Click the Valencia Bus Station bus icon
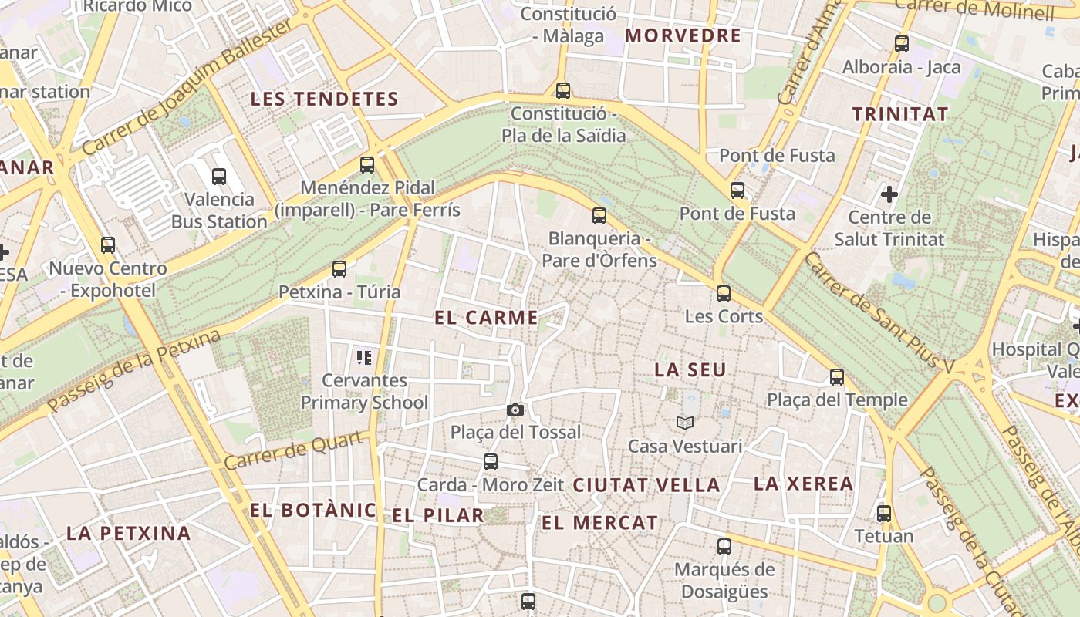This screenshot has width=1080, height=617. [219, 177]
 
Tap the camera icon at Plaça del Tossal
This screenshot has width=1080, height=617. [515, 410]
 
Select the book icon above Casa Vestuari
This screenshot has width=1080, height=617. [685, 423]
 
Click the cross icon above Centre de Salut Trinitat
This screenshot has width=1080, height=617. [889, 194]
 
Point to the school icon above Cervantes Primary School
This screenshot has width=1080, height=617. [364, 357]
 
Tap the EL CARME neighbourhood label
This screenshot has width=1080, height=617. [486, 318]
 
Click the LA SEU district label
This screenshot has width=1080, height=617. [690, 370]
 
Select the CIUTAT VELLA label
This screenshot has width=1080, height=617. [646, 485]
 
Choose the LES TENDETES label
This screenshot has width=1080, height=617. [325, 99]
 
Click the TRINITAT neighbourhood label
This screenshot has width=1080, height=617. [900, 115]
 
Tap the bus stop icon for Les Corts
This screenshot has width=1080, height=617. [723, 294]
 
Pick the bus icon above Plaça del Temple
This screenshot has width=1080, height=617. [837, 377]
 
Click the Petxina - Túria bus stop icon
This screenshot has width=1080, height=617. [339, 269]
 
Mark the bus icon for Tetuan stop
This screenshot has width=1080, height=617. [884, 514]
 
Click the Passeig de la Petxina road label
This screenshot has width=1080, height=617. [133, 371]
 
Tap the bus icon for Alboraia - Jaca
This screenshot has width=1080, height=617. [901, 44]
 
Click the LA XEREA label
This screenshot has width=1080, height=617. [803, 484]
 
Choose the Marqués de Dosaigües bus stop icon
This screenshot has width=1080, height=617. [724, 547]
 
